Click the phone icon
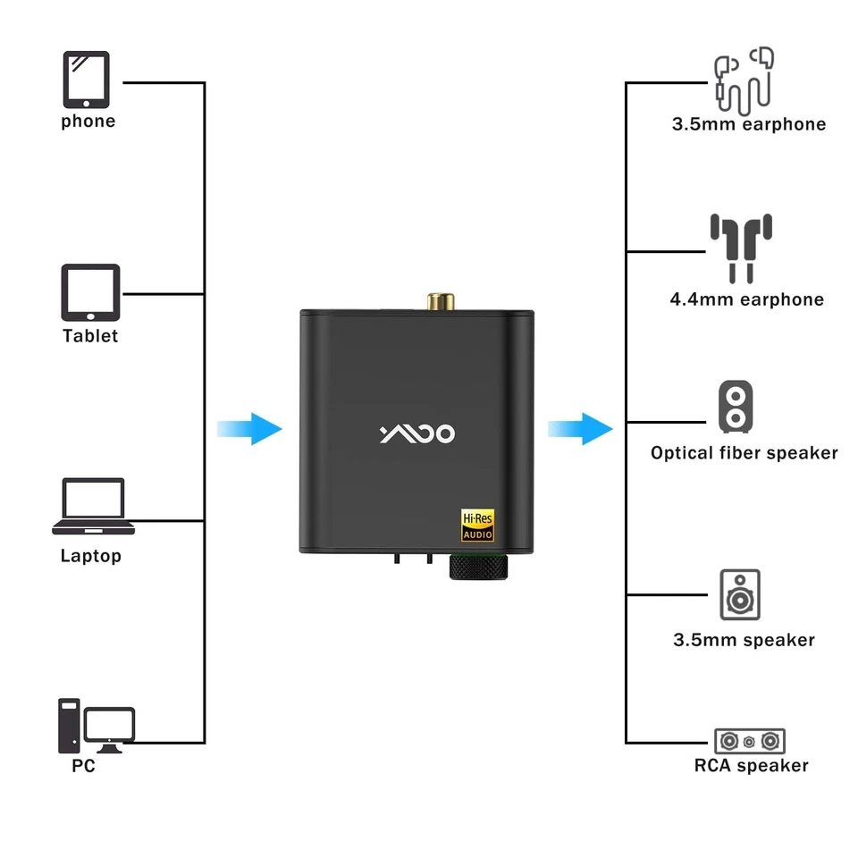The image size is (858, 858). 86,80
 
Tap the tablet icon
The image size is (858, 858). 89,292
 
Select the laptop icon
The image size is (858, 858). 93,506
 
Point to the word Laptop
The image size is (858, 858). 90,556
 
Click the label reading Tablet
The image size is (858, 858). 90,336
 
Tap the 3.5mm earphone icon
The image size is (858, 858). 744,78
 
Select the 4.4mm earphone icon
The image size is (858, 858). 741,248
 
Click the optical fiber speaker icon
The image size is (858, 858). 735,407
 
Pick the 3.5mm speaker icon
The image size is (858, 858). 740,594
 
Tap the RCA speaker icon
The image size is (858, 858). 749,741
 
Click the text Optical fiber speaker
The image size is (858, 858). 744,453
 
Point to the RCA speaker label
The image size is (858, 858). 751,766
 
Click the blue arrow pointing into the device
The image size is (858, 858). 249,428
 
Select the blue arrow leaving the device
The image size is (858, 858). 580,428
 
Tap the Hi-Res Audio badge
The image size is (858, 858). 477,526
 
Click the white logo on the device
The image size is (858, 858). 417,434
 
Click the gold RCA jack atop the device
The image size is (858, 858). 439,300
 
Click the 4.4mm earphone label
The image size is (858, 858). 746,299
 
